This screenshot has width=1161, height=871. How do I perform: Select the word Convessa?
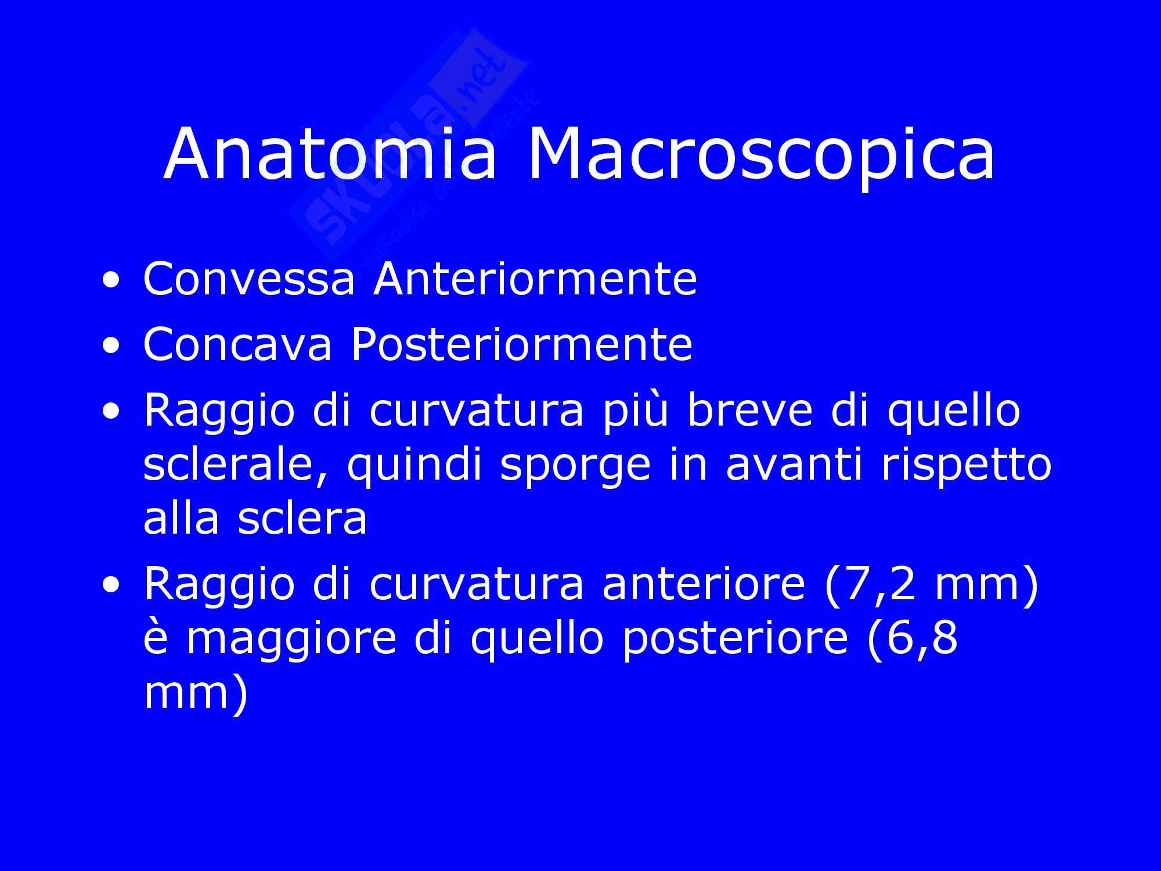click(248, 279)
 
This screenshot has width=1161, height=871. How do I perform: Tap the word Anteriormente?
click(535, 279)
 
